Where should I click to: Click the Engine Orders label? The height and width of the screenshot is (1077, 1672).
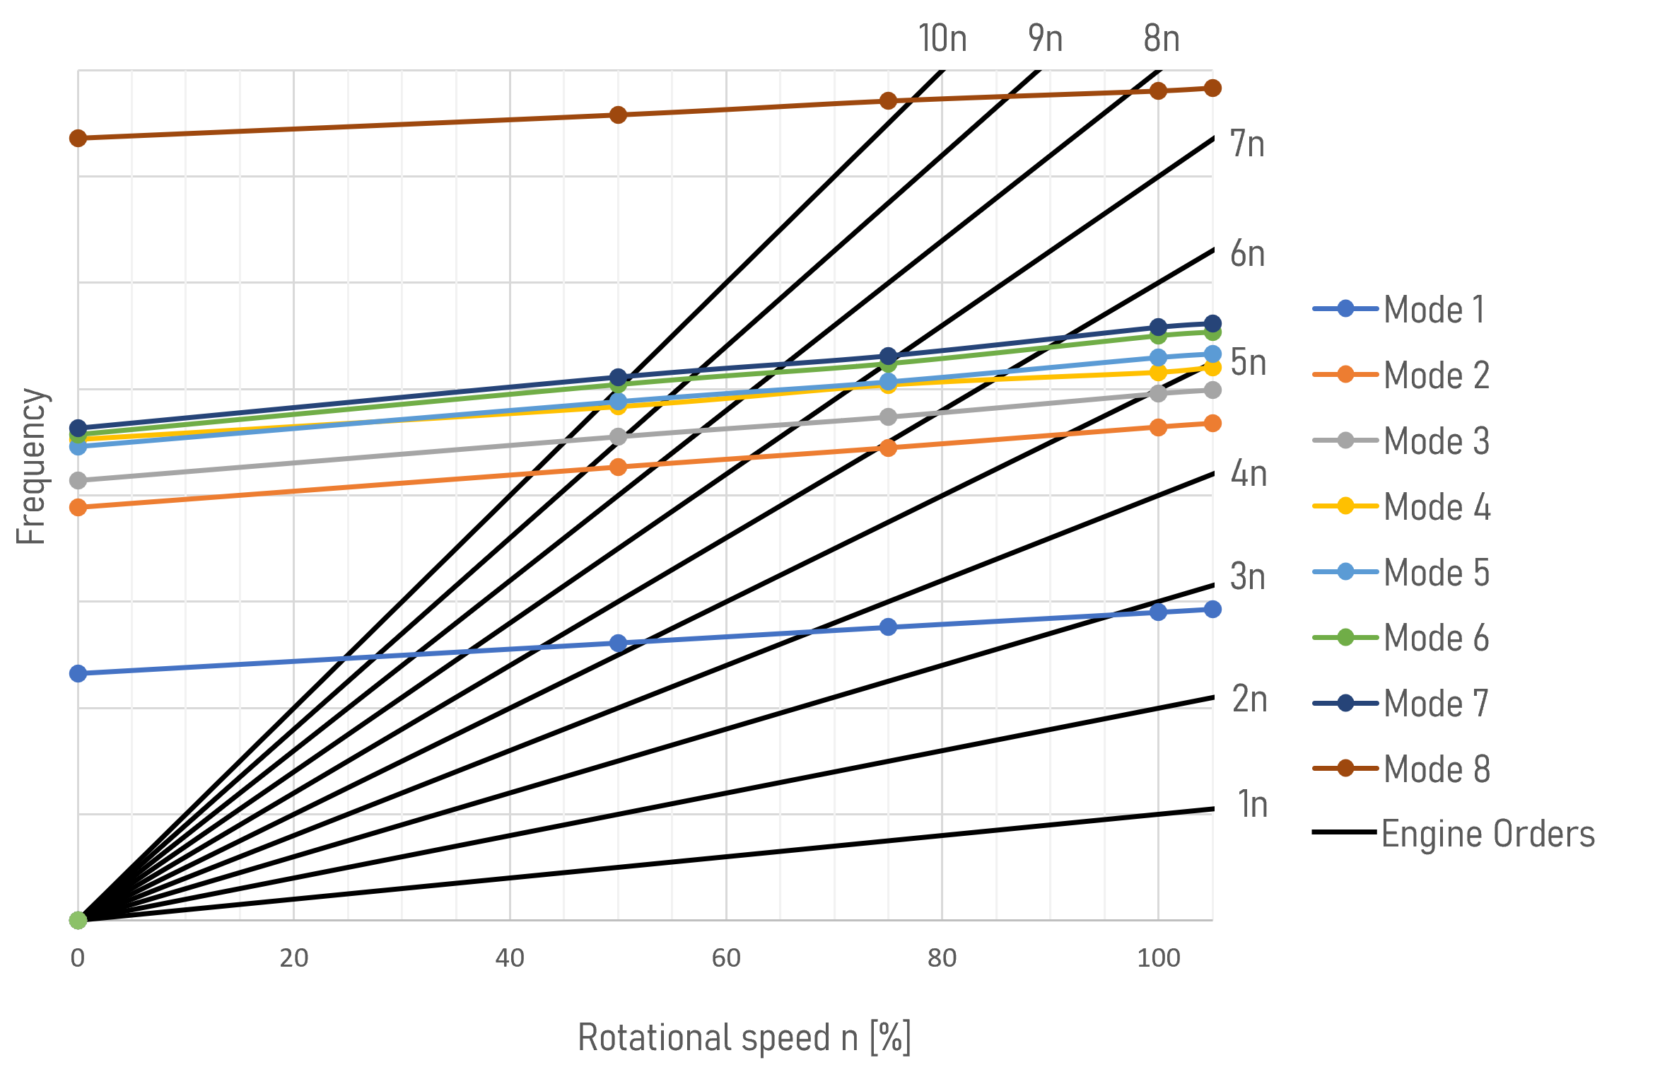[1487, 834]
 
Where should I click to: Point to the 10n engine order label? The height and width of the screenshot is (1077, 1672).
[942, 38]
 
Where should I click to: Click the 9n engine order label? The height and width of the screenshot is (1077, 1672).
[1046, 38]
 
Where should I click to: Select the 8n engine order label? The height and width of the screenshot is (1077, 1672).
[1162, 38]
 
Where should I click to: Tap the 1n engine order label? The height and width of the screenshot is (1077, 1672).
[1253, 805]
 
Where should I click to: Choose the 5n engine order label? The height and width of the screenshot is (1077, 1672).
[1249, 363]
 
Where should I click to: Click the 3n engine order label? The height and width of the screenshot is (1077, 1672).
[1248, 577]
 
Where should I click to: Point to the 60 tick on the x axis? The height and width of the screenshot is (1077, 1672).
[726, 958]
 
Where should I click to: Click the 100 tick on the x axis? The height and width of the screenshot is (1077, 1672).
[1158, 958]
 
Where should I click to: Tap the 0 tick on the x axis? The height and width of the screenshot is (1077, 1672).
[78, 958]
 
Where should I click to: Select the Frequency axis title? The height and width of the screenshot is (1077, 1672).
[31, 467]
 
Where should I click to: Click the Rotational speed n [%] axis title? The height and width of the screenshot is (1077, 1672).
[744, 1038]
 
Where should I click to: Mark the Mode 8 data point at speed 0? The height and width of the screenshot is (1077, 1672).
[78, 138]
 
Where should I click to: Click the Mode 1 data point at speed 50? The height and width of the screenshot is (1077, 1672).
[618, 643]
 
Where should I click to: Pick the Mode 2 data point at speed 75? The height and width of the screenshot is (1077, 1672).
[888, 448]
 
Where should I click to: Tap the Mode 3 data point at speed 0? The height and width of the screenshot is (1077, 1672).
[78, 481]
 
